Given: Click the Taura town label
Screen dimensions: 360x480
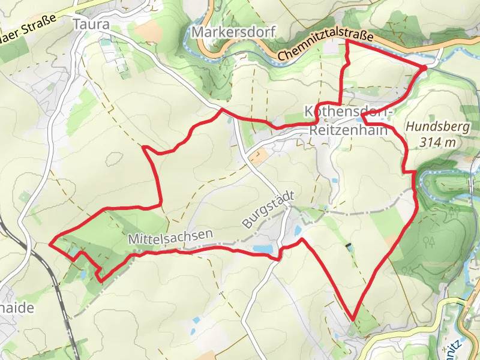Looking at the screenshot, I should [x=91, y=24].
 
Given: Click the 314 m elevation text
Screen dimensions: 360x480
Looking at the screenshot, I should [x=438, y=142].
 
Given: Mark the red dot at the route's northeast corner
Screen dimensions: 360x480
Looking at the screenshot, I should [x=424, y=68].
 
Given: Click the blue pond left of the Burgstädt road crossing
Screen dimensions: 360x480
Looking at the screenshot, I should [x=262, y=248].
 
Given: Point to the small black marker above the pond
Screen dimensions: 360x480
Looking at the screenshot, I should [x=349, y=246].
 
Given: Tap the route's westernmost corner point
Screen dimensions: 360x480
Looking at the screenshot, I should [x=49, y=244].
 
